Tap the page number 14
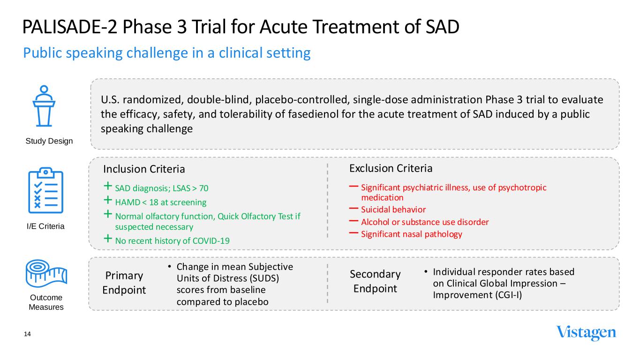[27, 334]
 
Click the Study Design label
[49, 141]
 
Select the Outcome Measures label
[46, 302]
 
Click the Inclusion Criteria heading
[144, 169]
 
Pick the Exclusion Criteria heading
[391, 168]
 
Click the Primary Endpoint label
[124, 283]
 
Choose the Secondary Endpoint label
[375, 281]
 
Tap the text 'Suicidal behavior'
[393, 210]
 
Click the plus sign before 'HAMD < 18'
[108, 202]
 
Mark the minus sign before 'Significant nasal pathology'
[354, 233]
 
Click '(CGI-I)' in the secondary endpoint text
[505, 295]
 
